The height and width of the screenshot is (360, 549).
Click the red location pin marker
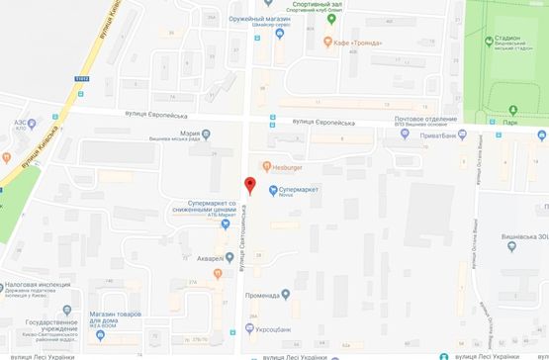pos(249,185)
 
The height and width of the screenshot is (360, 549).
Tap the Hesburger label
pos(287,165)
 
